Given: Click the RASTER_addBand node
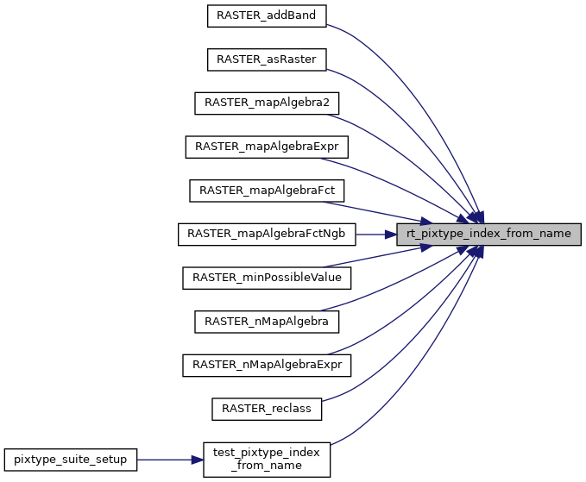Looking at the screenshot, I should [x=267, y=15].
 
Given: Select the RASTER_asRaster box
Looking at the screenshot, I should [x=267, y=59].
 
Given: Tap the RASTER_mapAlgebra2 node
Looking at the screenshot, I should [x=267, y=103].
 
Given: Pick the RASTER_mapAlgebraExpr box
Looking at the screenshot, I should [x=267, y=147].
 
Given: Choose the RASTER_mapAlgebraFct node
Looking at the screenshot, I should [x=267, y=190].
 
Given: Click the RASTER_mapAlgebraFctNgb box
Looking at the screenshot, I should [x=267, y=234].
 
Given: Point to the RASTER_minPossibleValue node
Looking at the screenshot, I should [x=267, y=278].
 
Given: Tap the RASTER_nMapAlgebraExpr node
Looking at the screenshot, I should [x=267, y=366].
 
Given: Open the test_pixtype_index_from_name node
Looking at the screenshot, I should [x=267, y=460].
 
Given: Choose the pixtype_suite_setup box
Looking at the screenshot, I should [x=70, y=460].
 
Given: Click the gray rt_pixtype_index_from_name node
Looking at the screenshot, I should [x=488, y=234].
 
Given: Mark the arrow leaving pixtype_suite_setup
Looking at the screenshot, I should [x=169, y=460].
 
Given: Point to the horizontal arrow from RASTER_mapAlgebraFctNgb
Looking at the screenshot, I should [x=375, y=234].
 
